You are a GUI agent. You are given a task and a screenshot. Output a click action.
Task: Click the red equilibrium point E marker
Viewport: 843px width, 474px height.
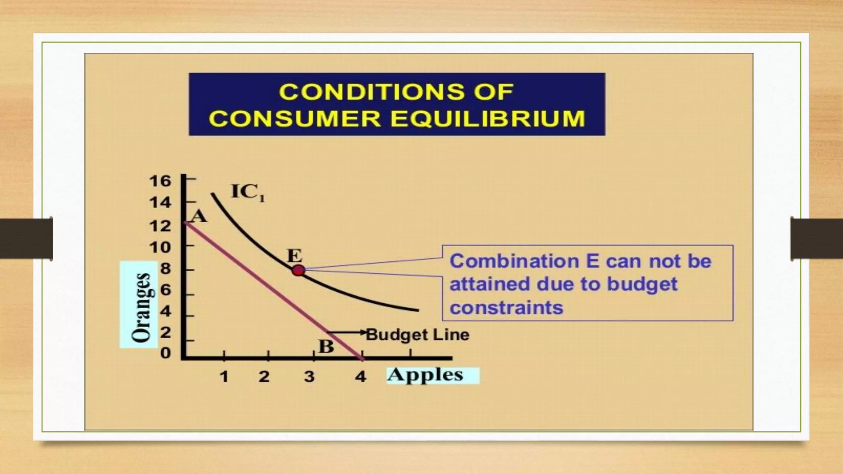298,271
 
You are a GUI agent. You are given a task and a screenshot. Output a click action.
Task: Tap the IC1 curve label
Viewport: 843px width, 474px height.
248,192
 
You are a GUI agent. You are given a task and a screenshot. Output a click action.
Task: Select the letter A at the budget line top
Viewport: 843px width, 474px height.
199,216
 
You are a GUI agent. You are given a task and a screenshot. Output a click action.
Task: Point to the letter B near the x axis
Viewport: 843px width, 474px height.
326,346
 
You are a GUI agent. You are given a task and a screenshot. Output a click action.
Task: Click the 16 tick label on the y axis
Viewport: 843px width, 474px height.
160,181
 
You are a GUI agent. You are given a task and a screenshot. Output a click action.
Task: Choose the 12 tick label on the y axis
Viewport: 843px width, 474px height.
160,226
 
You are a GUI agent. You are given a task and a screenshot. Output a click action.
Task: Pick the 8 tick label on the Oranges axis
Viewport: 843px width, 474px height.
165,269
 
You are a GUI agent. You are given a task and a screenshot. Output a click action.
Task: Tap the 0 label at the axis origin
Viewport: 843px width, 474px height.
165,353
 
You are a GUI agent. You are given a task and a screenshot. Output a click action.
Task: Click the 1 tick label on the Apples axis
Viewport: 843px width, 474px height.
224,376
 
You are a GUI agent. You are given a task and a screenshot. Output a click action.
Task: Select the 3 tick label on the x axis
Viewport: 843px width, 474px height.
309,376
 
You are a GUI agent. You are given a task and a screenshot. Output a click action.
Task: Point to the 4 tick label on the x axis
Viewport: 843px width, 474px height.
361,376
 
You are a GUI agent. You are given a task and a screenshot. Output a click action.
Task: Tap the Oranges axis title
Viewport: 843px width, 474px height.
141,307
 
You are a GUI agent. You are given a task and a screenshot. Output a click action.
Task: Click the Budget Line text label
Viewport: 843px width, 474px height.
418,335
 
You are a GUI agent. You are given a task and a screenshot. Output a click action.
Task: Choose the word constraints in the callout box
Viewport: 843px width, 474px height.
506,308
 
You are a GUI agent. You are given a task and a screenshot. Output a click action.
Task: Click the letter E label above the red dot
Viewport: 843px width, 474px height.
295,256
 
